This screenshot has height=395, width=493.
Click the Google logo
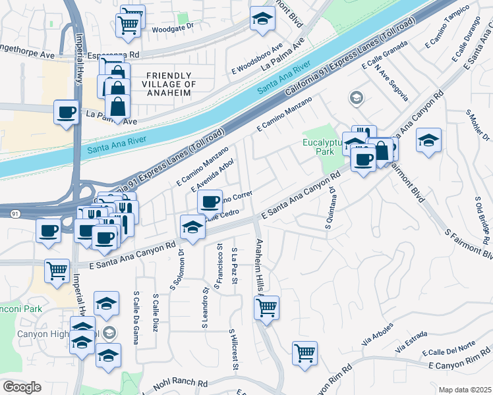tap(22, 387)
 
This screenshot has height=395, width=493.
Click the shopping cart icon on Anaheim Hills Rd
tap(266, 306)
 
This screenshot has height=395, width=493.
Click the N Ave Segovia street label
tap(391, 85)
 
